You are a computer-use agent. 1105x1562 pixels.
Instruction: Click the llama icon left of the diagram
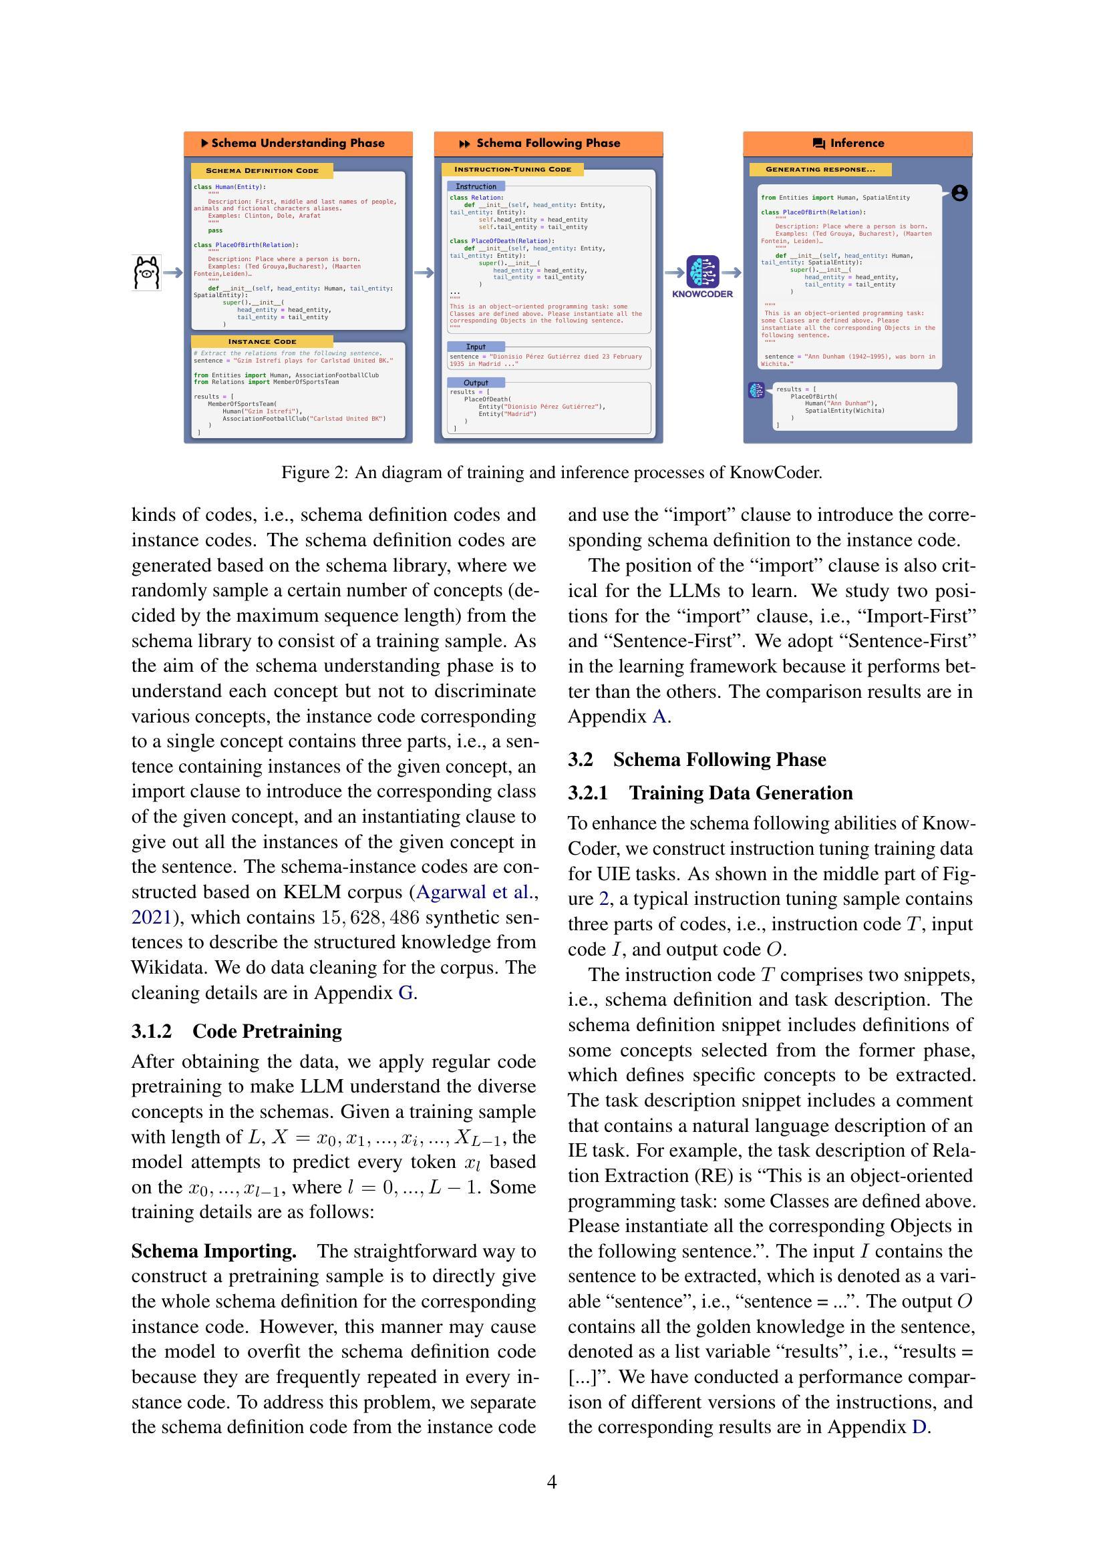coord(146,273)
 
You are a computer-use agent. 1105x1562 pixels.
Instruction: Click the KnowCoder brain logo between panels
coord(702,271)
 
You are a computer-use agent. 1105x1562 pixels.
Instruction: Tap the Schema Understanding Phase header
coord(298,143)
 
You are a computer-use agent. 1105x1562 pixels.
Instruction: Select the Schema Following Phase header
coord(548,143)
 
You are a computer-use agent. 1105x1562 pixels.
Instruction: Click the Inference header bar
coord(856,143)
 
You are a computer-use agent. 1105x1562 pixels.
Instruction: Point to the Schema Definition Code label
coord(262,171)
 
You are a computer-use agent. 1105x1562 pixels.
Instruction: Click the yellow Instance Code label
coord(262,341)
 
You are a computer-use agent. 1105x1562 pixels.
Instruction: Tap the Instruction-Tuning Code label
coord(512,170)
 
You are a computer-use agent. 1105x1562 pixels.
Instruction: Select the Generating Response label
coord(820,170)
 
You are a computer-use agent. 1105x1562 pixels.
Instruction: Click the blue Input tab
coord(476,347)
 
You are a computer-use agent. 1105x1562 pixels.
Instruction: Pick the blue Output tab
coord(476,383)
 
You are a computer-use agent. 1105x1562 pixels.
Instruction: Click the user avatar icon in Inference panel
coord(959,193)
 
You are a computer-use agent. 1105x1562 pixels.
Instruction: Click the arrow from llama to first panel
coord(173,273)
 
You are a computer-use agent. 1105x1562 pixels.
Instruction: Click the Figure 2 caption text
coord(552,472)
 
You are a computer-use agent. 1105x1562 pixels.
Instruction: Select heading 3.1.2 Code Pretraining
coord(236,1031)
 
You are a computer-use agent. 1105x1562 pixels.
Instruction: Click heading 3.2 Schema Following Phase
coord(697,759)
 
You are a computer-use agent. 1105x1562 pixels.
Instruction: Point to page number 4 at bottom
coord(552,1482)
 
